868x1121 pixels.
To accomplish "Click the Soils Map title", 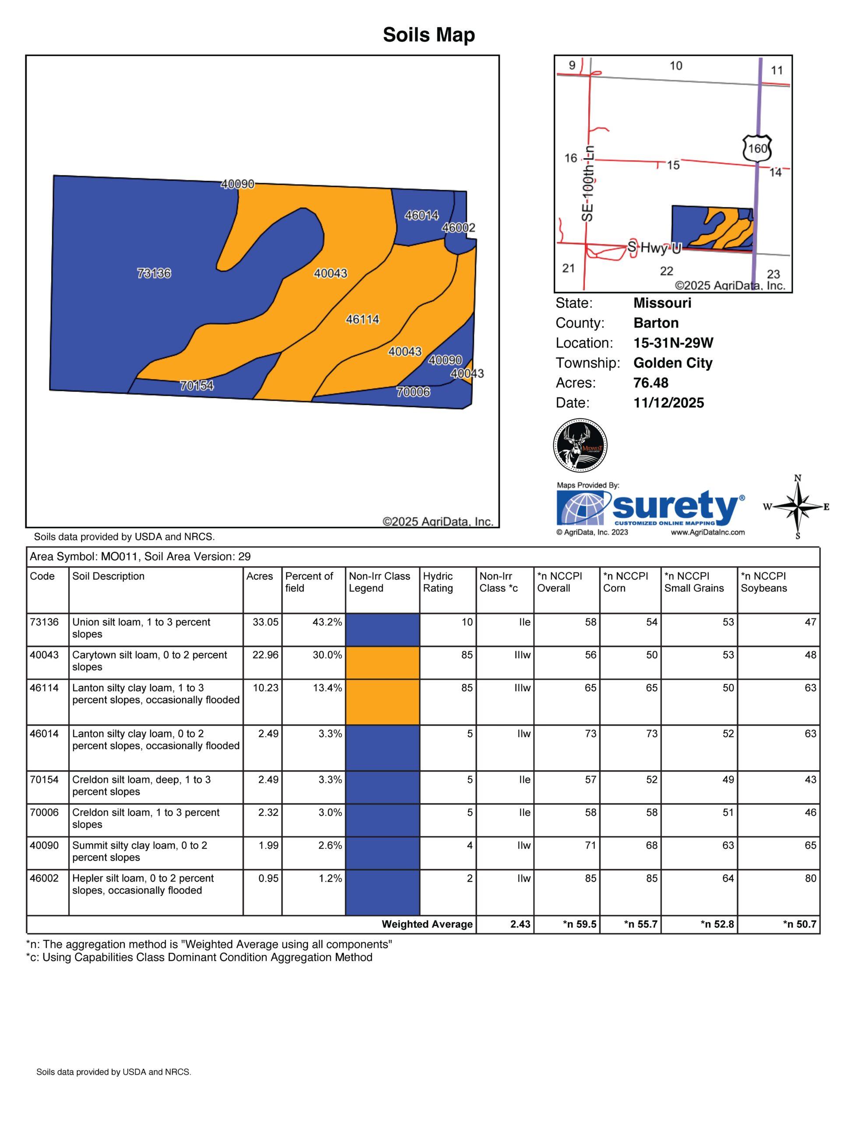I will point(429,35).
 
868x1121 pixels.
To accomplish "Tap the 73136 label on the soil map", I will point(154,273).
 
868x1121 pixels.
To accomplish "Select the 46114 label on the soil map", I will point(362,319).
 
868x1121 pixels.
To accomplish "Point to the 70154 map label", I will point(197,385).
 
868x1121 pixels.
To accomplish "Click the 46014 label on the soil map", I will point(421,215).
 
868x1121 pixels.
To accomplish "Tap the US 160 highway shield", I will point(757,148).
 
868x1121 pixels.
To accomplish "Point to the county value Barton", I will point(656,323).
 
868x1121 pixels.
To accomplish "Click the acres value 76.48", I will point(650,383).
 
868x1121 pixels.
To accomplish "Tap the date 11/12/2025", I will point(668,403).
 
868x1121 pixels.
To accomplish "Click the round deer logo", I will point(580,445).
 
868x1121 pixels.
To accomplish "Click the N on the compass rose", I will point(798,478).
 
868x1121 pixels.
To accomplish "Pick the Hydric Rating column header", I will point(438,582).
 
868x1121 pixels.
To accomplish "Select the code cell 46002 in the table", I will point(44,878).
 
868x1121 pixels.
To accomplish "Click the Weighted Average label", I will point(427,924).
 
